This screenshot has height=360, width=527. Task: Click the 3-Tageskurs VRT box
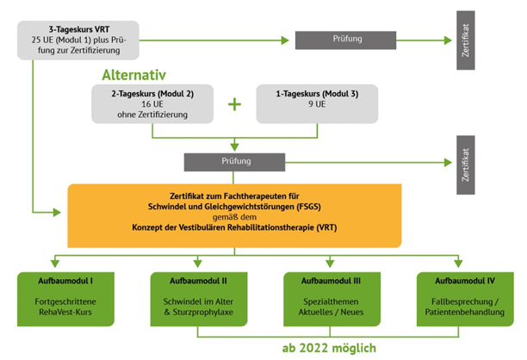(78, 40)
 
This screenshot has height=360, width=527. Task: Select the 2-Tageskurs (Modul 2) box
(152, 104)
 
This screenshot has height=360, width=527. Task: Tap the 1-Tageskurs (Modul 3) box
(317, 104)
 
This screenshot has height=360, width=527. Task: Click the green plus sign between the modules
(234, 104)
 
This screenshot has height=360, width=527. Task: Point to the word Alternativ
(133, 75)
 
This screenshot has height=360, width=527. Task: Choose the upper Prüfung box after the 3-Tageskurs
(345, 40)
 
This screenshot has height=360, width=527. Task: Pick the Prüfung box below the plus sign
(234, 163)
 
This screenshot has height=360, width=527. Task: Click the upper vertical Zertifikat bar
(466, 40)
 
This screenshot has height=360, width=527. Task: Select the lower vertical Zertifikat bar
(466, 165)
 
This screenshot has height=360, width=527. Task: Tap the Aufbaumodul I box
(65, 299)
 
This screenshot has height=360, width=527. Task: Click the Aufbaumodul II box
(199, 299)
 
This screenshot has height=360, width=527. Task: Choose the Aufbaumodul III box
(332, 299)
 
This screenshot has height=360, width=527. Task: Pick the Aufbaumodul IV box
(465, 299)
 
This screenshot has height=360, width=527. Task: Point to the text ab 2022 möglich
(329, 348)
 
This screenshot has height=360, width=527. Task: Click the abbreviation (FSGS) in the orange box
(308, 207)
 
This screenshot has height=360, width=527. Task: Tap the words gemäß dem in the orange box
(234, 217)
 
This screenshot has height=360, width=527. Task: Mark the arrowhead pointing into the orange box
(57, 213)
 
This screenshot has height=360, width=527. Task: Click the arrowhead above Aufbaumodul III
(330, 264)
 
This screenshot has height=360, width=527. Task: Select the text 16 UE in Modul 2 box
(152, 104)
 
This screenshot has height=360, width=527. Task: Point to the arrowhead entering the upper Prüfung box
(285, 40)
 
